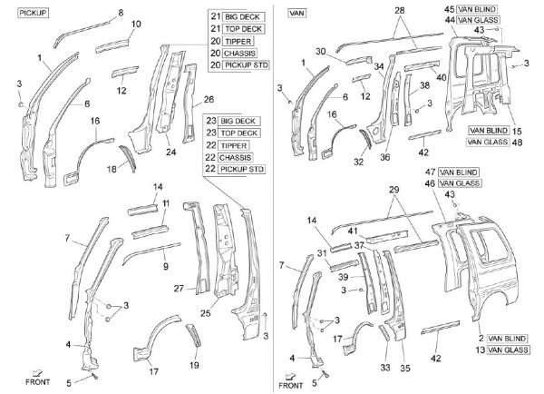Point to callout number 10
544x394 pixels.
coord(136,24)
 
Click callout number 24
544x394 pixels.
coord(170,153)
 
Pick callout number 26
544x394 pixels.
coord(209,99)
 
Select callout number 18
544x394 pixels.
coord(112,169)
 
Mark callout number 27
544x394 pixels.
coord(178,289)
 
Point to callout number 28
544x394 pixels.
coord(400,10)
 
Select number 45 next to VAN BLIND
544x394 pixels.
coord(448,9)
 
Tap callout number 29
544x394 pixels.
coord(393,189)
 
